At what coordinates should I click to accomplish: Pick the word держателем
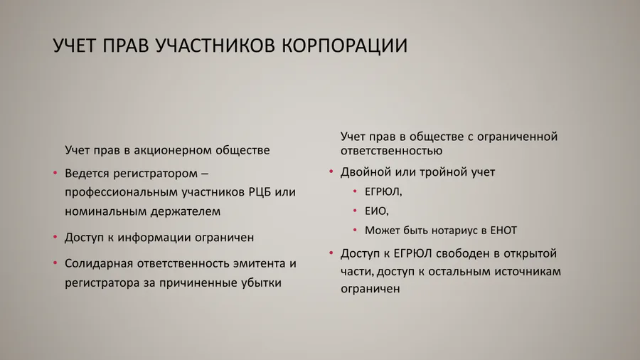tap(185, 211)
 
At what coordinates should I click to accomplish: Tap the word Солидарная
tap(99, 263)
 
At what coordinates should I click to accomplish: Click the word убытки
tap(260, 282)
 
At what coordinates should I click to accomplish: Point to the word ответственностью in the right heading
tap(392, 151)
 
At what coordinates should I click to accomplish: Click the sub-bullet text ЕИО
tap(376, 211)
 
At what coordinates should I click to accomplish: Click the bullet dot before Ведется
tap(55, 174)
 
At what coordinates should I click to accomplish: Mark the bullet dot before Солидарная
tap(55, 263)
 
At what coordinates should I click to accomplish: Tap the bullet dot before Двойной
tap(331, 172)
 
